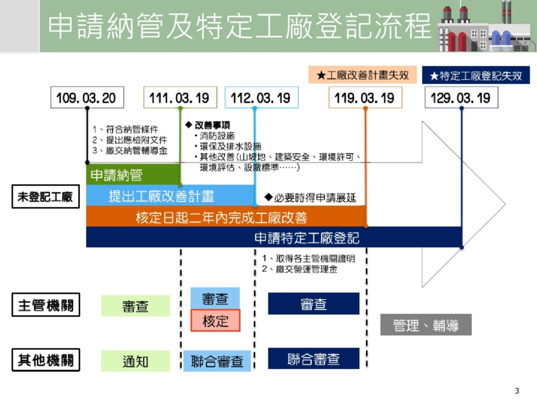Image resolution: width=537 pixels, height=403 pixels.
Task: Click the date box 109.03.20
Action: point(87,97)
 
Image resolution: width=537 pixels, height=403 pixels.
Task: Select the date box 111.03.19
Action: point(180,97)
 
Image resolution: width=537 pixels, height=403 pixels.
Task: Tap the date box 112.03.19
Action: point(261,97)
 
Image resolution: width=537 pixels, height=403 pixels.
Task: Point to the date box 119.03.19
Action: point(365,97)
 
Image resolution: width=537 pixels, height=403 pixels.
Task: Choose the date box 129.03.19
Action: point(461,97)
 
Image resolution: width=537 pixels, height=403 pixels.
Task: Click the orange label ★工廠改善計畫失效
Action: point(363,75)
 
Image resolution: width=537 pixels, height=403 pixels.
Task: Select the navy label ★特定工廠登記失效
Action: point(475,76)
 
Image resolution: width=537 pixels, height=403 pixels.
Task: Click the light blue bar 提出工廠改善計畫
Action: point(162,196)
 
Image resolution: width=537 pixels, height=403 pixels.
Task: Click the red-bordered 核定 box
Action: point(215,321)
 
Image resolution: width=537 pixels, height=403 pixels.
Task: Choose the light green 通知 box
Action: point(136,361)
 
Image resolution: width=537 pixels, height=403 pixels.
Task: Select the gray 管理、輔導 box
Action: point(426,325)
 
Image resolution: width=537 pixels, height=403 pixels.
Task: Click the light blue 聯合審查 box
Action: point(217,361)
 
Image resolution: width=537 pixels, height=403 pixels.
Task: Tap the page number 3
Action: point(517,391)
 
